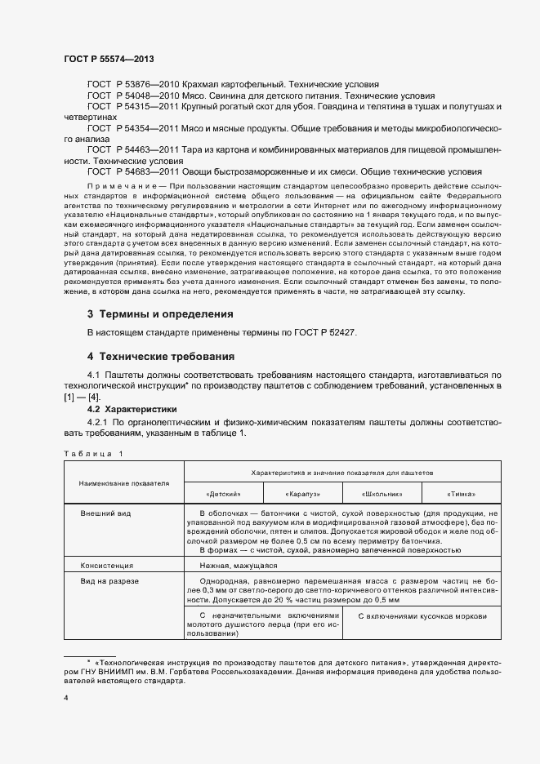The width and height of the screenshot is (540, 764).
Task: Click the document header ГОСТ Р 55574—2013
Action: (x=108, y=60)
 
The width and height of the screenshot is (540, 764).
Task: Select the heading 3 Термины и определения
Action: (x=160, y=314)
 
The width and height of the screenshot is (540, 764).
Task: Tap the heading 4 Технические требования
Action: (x=160, y=357)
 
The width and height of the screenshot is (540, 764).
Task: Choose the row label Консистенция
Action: (x=106, y=565)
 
